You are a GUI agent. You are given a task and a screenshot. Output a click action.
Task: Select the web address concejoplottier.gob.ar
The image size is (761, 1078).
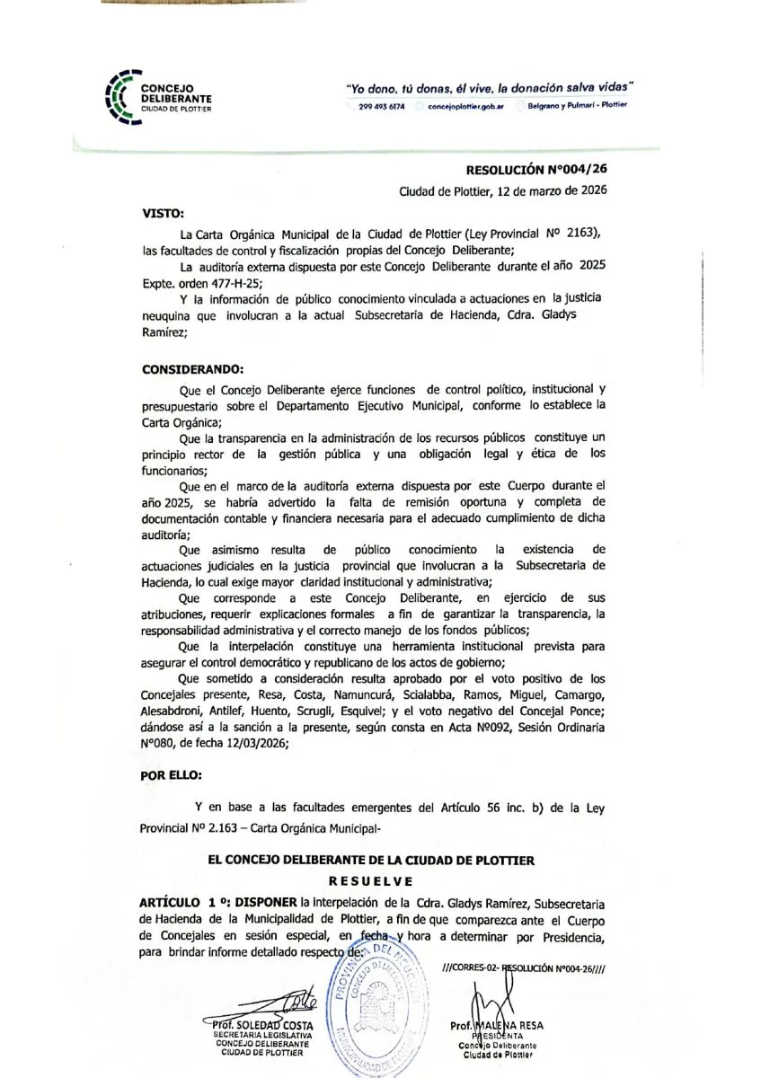tap(465, 106)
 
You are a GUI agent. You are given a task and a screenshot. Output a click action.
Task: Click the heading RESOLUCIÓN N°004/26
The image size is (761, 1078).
tap(543, 168)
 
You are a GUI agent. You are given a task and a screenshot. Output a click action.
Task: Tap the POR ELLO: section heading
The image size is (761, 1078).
tap(172, 773)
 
